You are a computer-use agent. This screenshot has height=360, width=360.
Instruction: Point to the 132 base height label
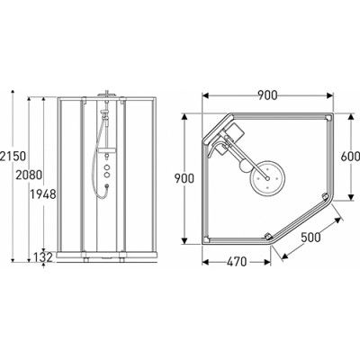point(40,258)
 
